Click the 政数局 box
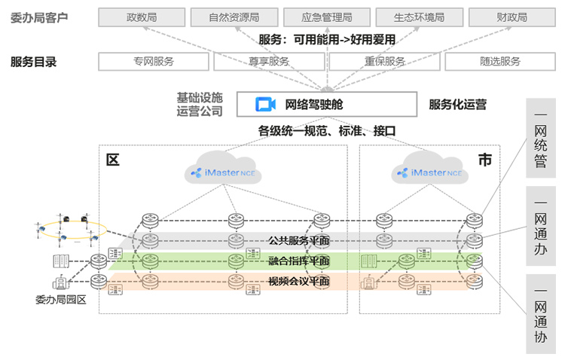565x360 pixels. [x=142, y=17]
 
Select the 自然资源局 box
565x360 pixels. [x=234, y=17]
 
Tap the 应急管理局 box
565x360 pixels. [x=326, y=17]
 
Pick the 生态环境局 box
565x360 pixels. [x=419, y=17]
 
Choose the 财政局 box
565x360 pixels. [x=512, y=17]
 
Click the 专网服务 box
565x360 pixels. [x=154, y=62]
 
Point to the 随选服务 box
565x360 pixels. [x=500, y=62]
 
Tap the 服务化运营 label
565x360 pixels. [x=457, y=105]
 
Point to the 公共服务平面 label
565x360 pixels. [x=298, y=241]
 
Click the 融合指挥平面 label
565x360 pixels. [x=298, y=261]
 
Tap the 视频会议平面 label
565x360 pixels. [x=298, y=282]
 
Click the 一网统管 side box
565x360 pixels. [x=540, y=139]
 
